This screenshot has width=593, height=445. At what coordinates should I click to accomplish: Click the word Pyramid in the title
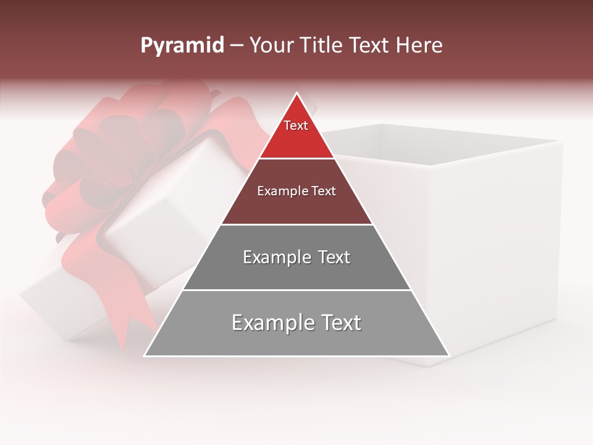182,46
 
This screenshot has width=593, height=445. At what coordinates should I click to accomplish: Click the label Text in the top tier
295,125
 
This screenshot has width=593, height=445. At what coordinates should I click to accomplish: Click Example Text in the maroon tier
296,191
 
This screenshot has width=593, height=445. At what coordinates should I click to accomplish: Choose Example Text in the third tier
296,257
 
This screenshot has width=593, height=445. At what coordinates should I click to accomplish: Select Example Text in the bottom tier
296,323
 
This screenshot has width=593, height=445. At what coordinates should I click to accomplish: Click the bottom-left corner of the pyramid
145,355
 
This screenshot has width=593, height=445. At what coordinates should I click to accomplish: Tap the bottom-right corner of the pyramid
449,355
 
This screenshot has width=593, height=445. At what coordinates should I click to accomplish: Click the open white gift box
482,235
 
